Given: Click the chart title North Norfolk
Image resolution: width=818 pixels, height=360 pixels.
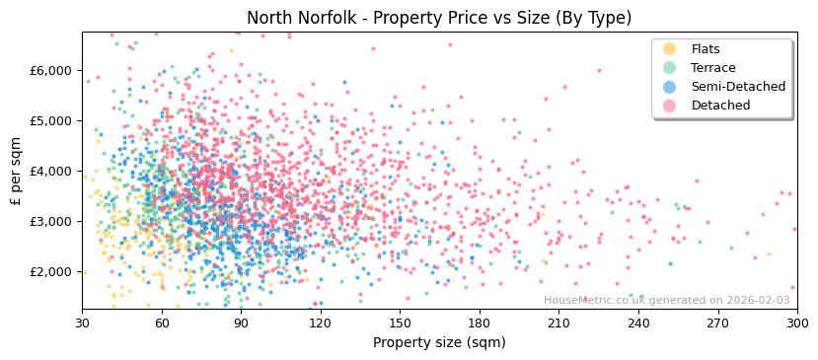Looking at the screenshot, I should pos(439,18).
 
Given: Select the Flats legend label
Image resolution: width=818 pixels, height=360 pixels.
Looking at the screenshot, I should pos(706,49).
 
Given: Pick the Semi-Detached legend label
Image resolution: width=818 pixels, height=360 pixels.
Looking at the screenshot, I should pos(738,87).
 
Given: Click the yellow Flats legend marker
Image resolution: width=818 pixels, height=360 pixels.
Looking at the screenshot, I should pos(670,49).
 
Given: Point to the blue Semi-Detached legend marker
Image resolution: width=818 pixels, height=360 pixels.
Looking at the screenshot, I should pos(670,87).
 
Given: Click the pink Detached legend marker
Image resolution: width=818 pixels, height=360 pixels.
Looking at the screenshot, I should pos(670,106).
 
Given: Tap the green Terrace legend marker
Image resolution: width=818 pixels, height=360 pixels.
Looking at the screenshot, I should pos(670,68).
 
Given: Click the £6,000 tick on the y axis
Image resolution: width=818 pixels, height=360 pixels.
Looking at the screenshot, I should pos(52,71).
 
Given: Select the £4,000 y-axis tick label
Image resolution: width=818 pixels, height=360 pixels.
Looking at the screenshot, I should pos(52,172).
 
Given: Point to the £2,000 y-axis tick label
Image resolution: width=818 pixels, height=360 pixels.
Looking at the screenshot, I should pos(52,272).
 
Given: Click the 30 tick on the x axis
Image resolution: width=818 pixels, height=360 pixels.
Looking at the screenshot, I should pos(82,323).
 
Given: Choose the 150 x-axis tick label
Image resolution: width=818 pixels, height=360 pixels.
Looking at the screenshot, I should pos(400,323).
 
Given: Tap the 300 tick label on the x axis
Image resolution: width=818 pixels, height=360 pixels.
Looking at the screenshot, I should pos(797,323).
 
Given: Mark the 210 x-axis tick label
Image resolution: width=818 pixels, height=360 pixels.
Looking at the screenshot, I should pos(558,323).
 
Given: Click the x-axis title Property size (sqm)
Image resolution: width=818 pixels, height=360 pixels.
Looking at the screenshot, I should pos(439,342).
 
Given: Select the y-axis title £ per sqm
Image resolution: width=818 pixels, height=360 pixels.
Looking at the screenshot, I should pos(17,170).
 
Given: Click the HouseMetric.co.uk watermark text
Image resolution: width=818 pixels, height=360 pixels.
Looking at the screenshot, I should pos(667,300).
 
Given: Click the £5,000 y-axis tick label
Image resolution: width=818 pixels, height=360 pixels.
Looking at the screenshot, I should pos(52,121).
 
